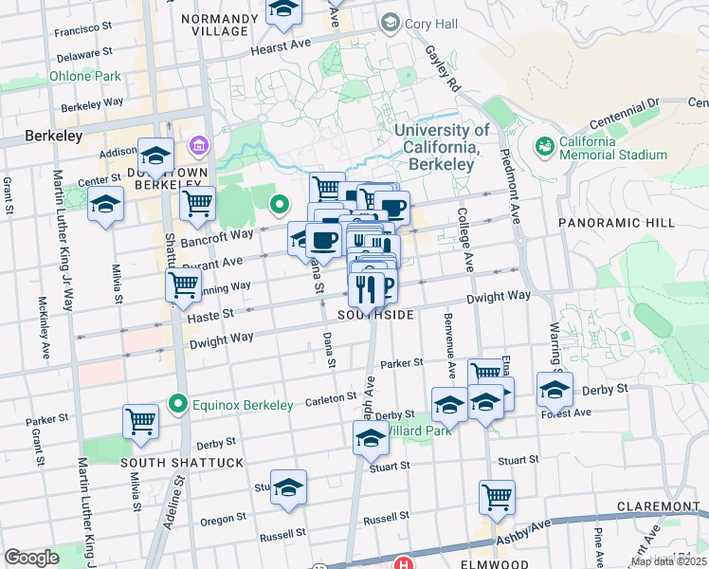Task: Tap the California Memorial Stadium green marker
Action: [545, 146]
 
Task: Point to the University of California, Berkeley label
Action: [442, 147]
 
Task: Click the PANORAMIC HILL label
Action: [616, 222]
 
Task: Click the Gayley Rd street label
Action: [442, 65]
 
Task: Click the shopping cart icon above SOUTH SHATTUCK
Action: [140, 420]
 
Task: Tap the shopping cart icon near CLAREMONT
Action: [497, 496]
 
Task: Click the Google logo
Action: [31, 558]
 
